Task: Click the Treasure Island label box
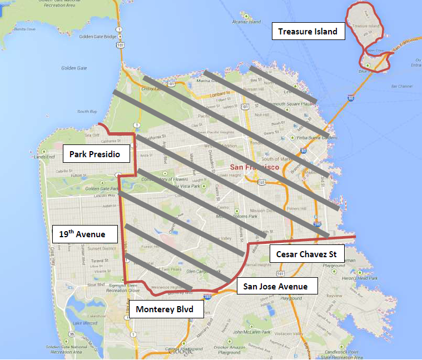click(x=309, y=31)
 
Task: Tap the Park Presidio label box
click(x=99, y=154)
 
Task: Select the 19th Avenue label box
click(x=85, y=234)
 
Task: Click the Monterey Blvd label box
click(x=165, y=309)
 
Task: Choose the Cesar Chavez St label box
click(x=307, y=254)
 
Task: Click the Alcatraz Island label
click(x=247, y=22)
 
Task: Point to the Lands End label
click(x=44, y=157)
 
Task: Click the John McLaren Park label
click(x=253, y=332)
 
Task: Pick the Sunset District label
click(x=101, y=249)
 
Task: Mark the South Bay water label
click(x=87, y=112)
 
